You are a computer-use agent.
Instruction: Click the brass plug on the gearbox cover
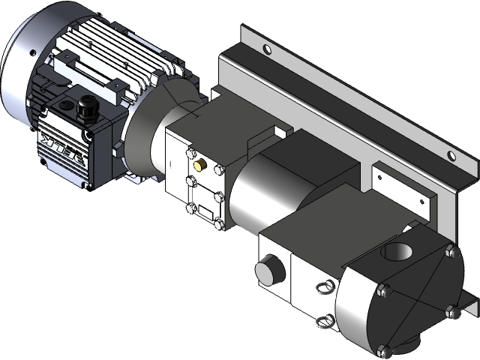(199, 164)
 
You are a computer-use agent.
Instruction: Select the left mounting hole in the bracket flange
(265, 50)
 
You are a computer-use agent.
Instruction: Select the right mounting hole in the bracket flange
(451, 156)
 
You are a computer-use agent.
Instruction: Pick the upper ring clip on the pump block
(324, 286)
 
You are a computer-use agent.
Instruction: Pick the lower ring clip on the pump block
(325, 320)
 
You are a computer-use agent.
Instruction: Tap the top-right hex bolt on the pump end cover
(449, 250)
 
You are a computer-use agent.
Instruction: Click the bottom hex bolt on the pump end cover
(385, 350)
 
